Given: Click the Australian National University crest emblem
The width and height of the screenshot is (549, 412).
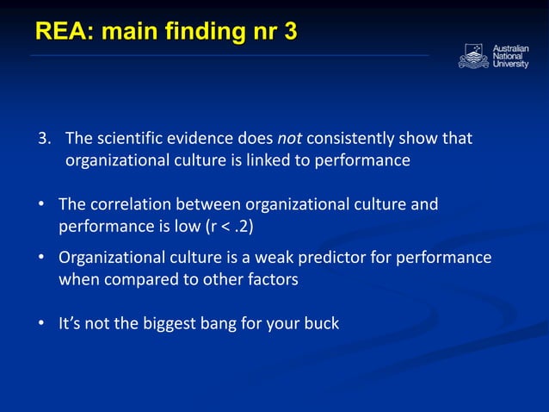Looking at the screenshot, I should (473, 56).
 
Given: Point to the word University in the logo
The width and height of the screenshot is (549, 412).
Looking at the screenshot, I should (511, 65).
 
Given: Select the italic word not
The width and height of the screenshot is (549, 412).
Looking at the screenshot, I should (288, 139).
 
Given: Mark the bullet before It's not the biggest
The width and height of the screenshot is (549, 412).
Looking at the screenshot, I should (40, 324).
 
